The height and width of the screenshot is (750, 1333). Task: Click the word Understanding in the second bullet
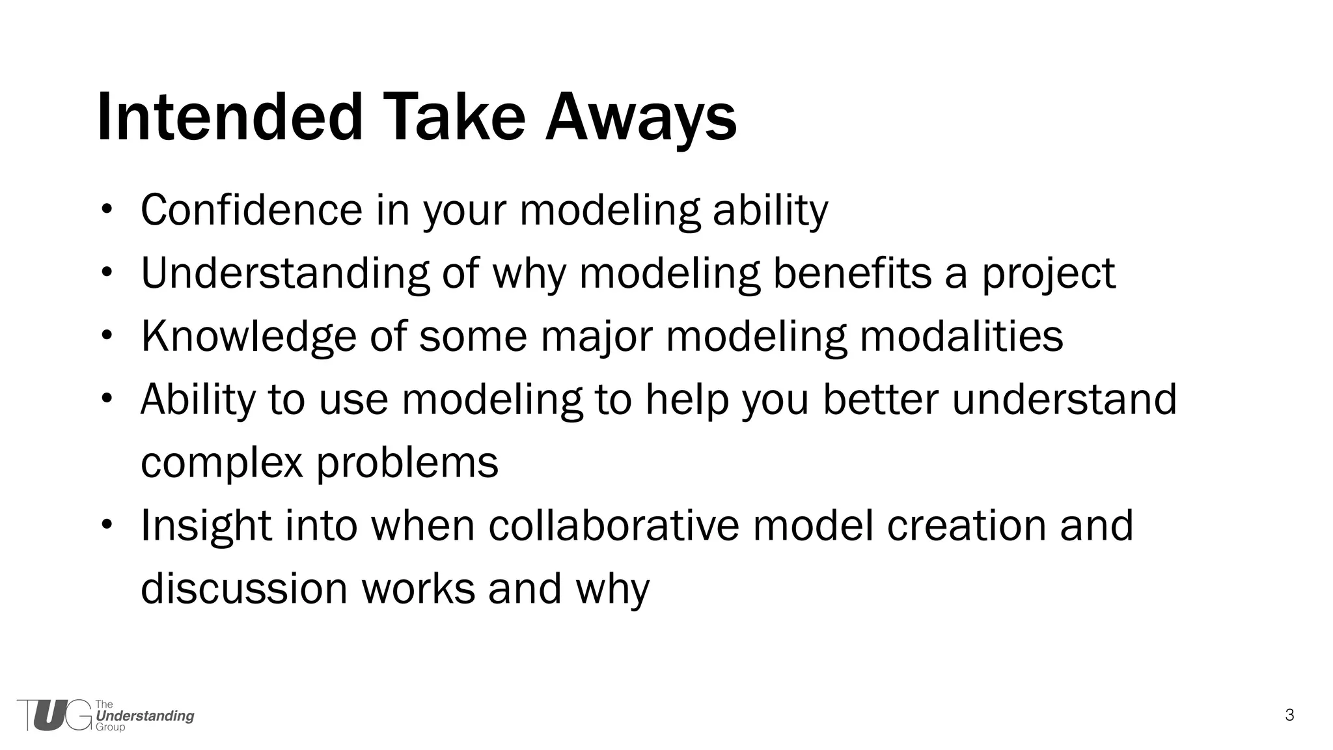tap(285, 273)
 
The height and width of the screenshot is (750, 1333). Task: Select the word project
tap(1048, 273)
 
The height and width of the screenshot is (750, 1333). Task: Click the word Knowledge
tap(249, 336)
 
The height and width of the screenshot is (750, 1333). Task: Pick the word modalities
tap(961, 336)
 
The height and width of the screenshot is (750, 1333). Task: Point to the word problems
tap(407, 463)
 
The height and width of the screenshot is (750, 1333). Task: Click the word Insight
tap(206, 525)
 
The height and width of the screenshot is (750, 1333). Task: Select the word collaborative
tap(614, 525)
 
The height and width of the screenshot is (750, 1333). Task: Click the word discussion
tap(245, 588)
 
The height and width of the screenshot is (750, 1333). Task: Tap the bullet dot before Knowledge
tap(107, 336)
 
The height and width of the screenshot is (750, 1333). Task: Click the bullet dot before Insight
tap(107, 525)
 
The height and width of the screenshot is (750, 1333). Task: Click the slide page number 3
tap(1289, 715)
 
